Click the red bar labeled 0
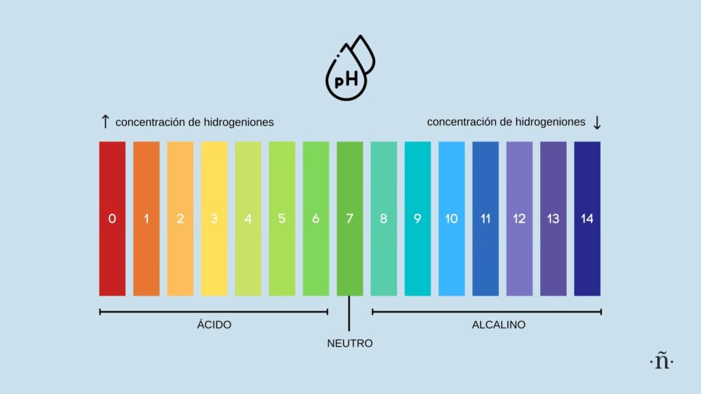[112, 219]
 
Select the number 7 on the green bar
[350, 220]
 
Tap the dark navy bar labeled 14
[587, 219]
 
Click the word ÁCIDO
[214, 325]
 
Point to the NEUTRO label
[350, 343]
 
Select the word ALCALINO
[498, 325]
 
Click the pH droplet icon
[350, 68]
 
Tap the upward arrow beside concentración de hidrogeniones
[105, 122]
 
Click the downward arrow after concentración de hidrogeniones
[597, 122]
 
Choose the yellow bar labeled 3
[214, 219]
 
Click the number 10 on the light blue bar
[451, 220]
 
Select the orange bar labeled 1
[146, 219]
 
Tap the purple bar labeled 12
[519, 219]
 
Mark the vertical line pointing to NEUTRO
[349, 313]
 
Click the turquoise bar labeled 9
[418, 219]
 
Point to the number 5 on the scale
[282, 220]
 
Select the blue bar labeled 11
[485, 219]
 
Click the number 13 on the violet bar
[553, 220]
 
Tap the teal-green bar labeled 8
[383, 219]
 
